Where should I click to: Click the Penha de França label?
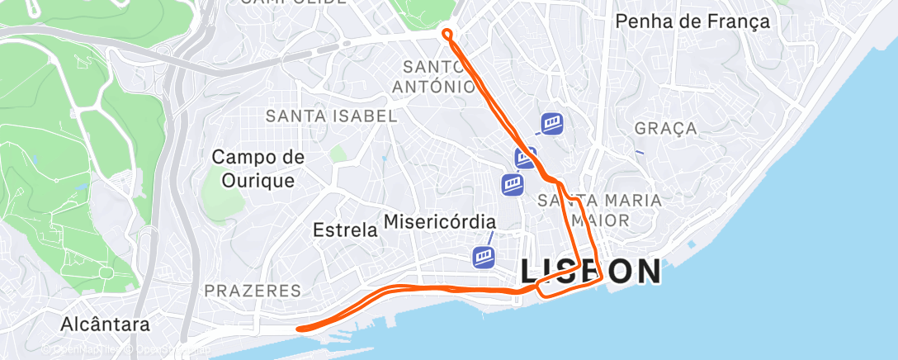click(693, 22)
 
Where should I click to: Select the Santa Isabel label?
click(331, 116)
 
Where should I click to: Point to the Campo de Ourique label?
click(258, 168)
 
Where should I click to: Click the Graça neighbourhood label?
click(666, 128)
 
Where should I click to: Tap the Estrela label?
click(345, 230)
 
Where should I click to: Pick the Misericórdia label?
click(440, 222)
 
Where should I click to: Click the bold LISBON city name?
click(590, 271)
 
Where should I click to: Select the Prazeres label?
click(252, 291)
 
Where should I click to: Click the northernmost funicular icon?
click(552, 124)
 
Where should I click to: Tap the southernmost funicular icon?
click(484, 257)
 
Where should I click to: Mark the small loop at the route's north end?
click(447, 34)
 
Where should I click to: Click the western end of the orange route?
click(299, 328)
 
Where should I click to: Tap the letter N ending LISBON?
click(647, 271)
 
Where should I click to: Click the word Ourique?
click(258, 180)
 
